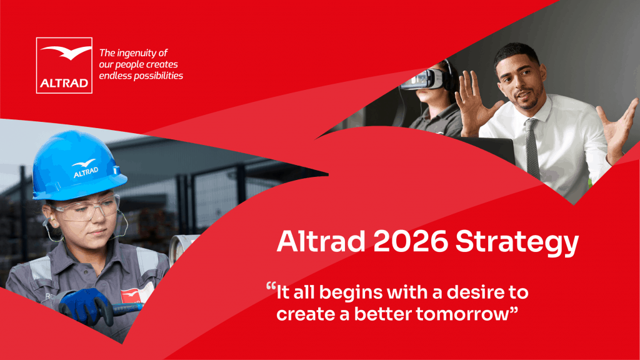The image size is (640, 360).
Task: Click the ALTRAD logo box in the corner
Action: [x=64, y=65]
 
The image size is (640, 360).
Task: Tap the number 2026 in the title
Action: [x=410, y=241]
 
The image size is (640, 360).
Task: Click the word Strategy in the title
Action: [x=517, y=243]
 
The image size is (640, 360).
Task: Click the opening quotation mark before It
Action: [x=271, y=286]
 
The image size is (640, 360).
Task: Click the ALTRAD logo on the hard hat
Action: [x=85, y=168]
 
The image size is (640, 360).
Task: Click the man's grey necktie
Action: [x=532, y=149]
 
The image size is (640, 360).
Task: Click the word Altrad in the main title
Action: [x=321, y=241]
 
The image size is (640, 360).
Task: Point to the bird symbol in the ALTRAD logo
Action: [x=66, y=52]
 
